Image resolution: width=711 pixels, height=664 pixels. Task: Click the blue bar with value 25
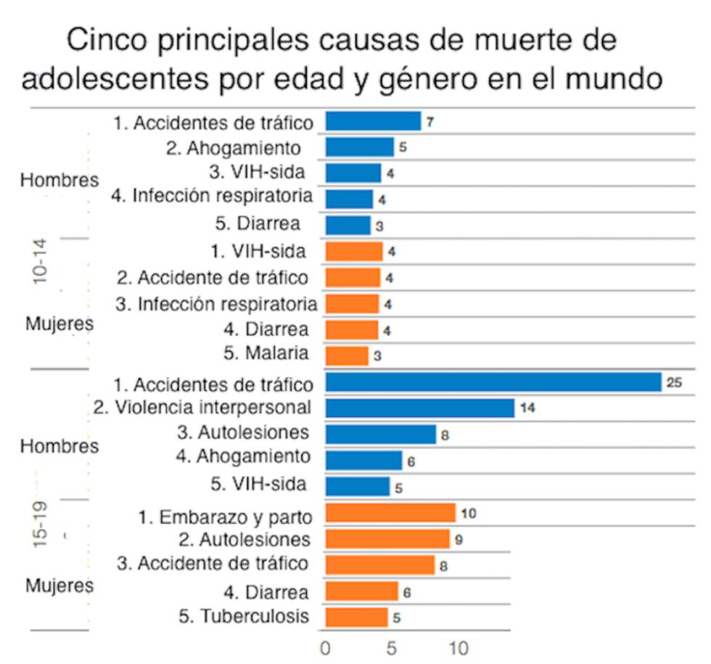pos(493,382)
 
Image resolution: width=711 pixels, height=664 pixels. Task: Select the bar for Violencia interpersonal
pos(419,408)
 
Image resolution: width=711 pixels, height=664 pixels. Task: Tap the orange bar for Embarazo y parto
pos(390,513)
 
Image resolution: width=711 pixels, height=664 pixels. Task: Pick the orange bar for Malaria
pos(347,356)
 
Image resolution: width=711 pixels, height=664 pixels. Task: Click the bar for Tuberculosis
pos(356,618)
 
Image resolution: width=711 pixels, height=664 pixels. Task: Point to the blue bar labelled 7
pos(373,121)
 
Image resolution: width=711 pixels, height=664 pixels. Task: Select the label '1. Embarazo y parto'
pos(226,517)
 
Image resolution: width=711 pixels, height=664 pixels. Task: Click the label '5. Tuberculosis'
pos(244,617)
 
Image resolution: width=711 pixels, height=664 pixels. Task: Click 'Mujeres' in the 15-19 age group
pos(59,585)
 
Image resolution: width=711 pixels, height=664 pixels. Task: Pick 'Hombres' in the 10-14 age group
pos(59,180)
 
